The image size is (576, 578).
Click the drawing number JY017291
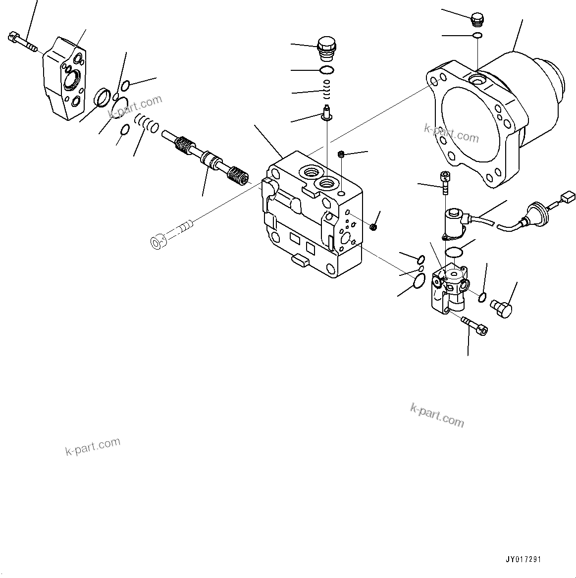tap(523, 559)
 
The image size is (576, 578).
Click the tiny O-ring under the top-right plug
tap(477, 35)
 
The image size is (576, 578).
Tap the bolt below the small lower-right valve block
tap(474, 324)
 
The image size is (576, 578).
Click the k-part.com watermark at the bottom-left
tap(93, 446)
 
